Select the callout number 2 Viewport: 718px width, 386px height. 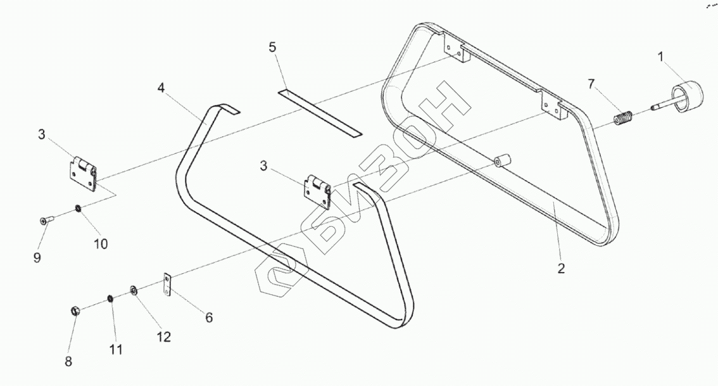561,268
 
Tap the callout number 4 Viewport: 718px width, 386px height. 161,88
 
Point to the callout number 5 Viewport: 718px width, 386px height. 272,48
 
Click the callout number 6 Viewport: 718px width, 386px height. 208,317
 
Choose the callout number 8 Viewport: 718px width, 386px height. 68,361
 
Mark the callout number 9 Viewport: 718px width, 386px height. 37,257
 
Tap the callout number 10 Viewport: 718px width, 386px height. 101,243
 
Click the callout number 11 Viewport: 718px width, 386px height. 116,349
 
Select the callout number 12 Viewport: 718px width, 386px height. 164,337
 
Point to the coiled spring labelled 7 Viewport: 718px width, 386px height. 624,119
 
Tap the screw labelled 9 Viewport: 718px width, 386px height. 46,220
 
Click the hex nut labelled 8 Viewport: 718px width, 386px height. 74,311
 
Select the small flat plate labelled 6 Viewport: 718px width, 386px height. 168,285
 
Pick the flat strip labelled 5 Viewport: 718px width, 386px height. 319,112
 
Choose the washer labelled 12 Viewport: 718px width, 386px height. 134,291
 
